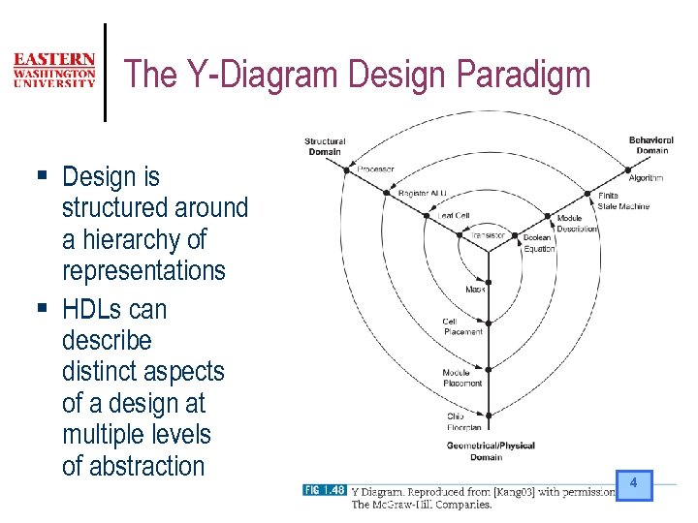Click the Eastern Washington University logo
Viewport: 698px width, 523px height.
pyautogui.click(x=54, y=71)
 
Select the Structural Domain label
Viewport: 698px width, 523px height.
pyautogui.click(x=324, y=146)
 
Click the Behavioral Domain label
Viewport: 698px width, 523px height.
pyautogui.click(x=650, y=145)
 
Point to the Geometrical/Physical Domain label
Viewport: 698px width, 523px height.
pyautogui.click(x=491, y=451)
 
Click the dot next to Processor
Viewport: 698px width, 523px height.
pyautogui.click(x=346, y=170)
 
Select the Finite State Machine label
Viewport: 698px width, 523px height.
pyautogui.click(x=622, y=201)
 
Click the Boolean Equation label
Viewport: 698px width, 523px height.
pyautogui.click(x=538, y=243)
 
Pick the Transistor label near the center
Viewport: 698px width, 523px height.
pyautogui.click(x=488, y=234)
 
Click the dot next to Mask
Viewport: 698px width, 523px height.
pyautogui.click(x=489, y=289)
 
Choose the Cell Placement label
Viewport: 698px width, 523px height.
pyautogui.click(x=462, y=326)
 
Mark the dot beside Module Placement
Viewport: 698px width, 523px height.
pyautogui.click(x=489, y=369)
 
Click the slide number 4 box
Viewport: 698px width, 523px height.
pyautogui.click(x=633, y=483)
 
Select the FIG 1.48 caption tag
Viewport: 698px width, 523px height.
pyautogui.click(x=324, y=490)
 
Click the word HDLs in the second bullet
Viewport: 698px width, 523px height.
pyautogui.click(x=95, y=310)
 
